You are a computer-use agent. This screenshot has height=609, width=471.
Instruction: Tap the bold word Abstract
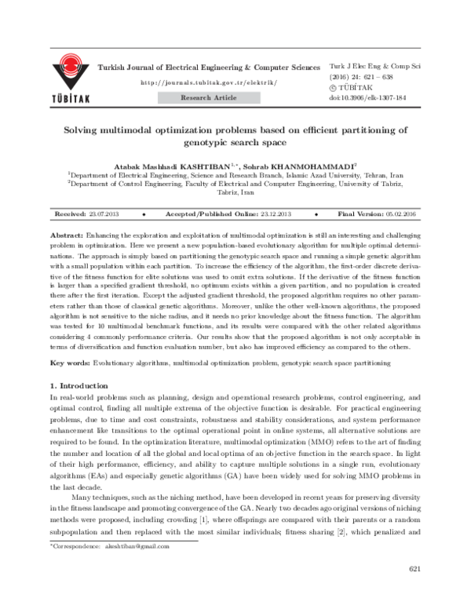pyautogui.click(x=65, y=235)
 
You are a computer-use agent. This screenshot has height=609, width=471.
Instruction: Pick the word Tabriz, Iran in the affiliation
pyautogui.click(x=235, y=192)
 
